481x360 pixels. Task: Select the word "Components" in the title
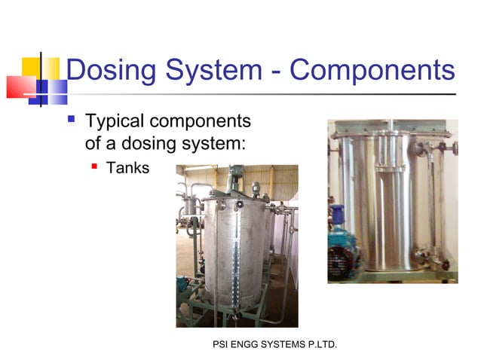372,71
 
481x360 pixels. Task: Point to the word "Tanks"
128,167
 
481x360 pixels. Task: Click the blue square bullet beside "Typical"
72,119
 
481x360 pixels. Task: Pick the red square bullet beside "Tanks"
95,166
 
